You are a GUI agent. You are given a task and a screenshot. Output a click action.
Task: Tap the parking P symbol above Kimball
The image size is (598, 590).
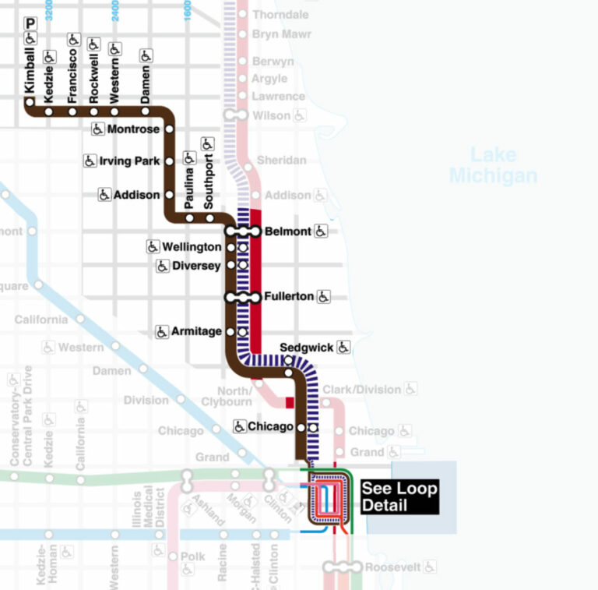[31, 23]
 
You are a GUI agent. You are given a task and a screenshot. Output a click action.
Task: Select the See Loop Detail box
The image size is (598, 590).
[399, 497]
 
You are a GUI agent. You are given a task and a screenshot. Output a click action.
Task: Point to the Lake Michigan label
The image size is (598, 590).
[493, 165]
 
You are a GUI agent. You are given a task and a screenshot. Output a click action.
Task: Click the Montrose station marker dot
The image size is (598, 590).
[169, 129]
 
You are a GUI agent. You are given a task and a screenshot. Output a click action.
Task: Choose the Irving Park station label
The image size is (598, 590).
[130, 161]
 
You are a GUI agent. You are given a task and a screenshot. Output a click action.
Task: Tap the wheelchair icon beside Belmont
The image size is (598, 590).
[322, 231]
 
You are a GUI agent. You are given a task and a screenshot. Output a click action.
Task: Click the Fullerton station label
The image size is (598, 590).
[288, 296]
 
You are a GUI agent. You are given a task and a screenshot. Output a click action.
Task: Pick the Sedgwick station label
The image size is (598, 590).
[305, 348]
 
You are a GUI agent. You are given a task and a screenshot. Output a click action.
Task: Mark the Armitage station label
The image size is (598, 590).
[197, 331]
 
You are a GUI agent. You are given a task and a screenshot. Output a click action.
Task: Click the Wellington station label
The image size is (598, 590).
[192, 247]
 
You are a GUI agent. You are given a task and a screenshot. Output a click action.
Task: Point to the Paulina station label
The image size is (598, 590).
[189, 189]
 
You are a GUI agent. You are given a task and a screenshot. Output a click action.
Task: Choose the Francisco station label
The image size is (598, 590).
[72, 76]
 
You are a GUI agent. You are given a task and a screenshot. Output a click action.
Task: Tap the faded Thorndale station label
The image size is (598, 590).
[280, 15]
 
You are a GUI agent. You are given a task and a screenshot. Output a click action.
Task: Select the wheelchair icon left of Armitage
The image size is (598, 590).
[162, 331]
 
